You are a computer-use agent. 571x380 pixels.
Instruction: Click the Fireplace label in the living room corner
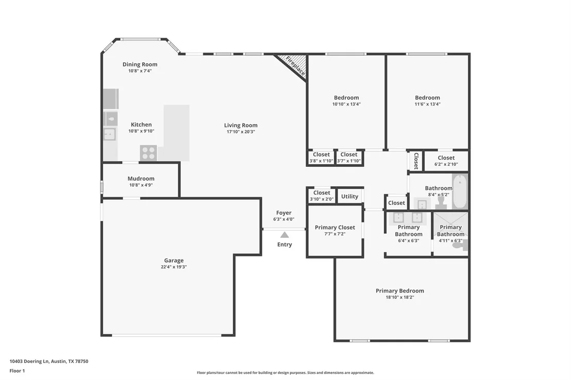pos(295,66)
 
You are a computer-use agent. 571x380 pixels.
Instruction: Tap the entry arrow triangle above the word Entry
pos(284,235)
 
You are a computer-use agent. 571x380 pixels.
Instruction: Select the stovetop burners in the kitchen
pos(148,153)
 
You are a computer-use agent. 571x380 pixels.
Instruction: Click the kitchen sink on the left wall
pos(110,134)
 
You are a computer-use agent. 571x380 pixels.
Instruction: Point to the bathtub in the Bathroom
pos(460,191)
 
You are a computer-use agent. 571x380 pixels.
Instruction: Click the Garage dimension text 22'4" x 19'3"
pos(174,267)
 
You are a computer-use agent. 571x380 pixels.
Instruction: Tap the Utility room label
pos(349,197)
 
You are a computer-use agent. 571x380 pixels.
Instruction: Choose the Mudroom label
pos(141,178)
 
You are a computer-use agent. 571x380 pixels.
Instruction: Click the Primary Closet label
pos(335,228)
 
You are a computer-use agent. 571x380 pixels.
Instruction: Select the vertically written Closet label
pos(416,161)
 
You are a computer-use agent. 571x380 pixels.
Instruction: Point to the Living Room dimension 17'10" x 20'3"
pos(241,132)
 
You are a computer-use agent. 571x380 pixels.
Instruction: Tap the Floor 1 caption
pos(17,371)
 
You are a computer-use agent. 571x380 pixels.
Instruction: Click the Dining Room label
pos(140,64)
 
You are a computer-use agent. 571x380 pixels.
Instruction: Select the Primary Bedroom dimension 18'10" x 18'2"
pos(400,297)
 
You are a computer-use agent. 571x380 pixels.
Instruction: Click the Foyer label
pos(283,213)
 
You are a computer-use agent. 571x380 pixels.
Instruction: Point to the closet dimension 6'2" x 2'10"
pos(446,164)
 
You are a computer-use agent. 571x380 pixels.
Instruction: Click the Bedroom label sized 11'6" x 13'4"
pos(428,97)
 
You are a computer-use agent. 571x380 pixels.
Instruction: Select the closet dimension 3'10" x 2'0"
pos(322,199)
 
